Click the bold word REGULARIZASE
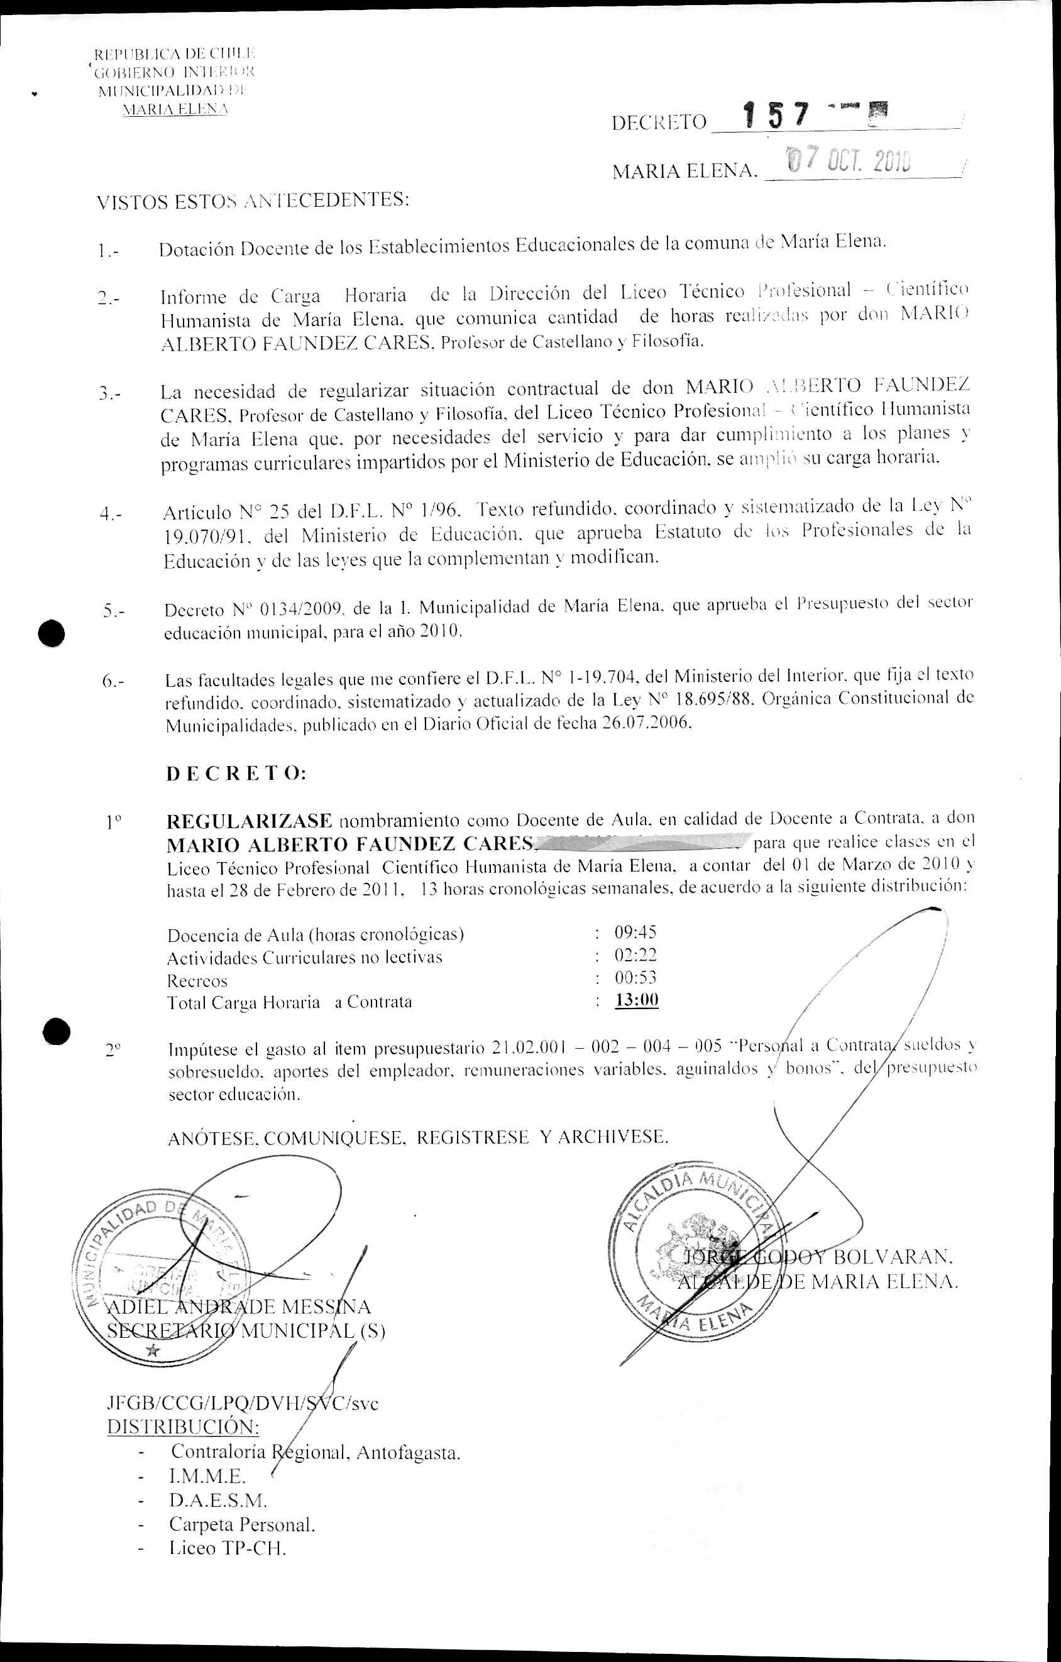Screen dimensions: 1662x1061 tap(249, 821)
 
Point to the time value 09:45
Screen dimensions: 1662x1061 tap(635, 932)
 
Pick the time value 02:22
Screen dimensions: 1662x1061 tap(635, 955)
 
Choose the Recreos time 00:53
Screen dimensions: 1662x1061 tap(635, 977)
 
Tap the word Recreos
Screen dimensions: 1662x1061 tap(197, 981)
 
